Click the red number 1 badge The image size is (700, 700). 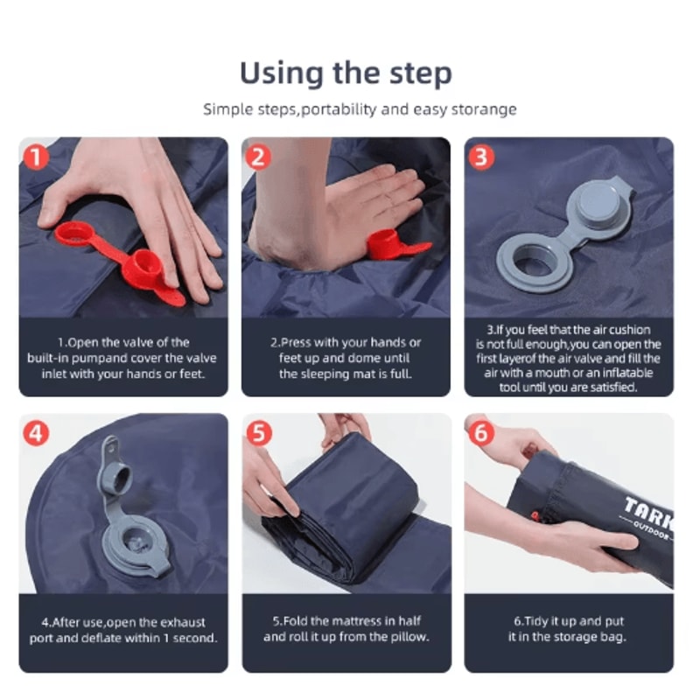click(36, 157)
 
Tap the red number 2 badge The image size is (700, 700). click(258, 157)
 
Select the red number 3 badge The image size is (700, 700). click(481, 157)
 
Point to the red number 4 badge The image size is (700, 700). click(36, 433)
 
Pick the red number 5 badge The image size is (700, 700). click(259, 433)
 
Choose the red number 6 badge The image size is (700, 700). click(481, 432)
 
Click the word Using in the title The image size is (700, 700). click(282, 74)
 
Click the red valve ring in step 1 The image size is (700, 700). click(74, 234)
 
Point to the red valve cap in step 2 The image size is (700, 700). click(388, 246)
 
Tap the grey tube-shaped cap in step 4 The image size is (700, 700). click(115, 479)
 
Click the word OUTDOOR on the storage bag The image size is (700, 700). click(653, 530)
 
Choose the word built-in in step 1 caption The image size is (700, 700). click(48, 359)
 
